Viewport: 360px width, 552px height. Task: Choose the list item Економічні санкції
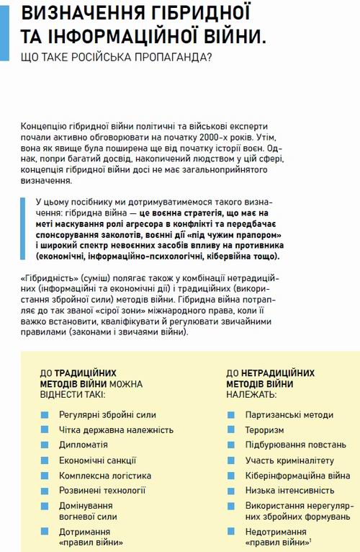click(98, 460)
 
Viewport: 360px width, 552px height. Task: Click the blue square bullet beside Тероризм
click(230, 429)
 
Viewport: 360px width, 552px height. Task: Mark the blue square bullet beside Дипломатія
click(45, 445)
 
